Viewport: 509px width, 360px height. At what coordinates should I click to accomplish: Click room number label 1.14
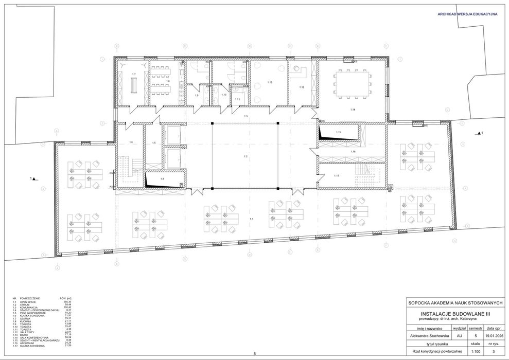coord(353,110)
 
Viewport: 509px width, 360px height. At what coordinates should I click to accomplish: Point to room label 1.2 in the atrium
coord(246,156)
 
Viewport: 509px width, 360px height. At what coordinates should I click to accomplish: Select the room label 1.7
coord(134,75)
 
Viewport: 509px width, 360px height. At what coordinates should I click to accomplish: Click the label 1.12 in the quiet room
coord(269,82)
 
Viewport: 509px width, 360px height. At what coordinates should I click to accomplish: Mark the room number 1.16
coord(353,152)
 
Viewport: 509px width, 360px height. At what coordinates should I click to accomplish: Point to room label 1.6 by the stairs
coord(131,142)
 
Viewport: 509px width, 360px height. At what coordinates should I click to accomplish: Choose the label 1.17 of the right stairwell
coord(336,176)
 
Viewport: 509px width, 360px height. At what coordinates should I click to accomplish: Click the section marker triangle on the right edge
coord(479,133)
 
